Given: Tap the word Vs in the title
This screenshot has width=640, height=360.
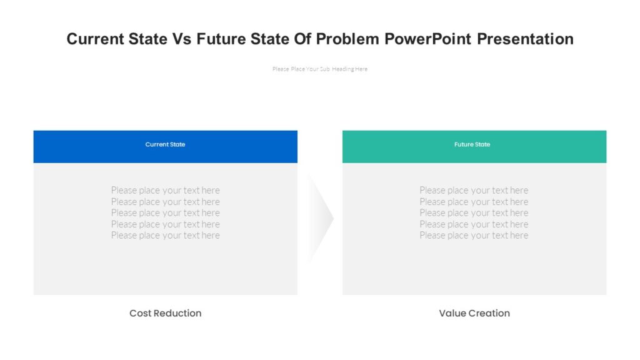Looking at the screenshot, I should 182,39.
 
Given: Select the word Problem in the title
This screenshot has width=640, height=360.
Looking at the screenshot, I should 347,39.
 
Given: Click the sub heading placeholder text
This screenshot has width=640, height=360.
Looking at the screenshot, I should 320,69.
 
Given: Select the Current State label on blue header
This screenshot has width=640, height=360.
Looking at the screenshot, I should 165,144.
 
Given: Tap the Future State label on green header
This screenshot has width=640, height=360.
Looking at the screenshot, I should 472,144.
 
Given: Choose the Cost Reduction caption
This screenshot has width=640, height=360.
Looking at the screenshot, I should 165,313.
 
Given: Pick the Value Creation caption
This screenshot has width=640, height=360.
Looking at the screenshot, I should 474,313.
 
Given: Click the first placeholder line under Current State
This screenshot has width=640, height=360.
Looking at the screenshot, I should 165,190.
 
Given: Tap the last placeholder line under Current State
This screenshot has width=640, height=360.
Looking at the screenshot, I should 165,236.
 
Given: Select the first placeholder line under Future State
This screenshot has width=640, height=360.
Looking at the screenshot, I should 474,190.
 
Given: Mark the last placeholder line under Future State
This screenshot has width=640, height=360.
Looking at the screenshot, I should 474,236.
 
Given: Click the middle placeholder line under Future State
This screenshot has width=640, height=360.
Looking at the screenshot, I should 474,212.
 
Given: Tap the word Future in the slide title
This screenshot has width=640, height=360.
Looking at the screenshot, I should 222,39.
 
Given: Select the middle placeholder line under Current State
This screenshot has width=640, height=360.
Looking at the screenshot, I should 165,212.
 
